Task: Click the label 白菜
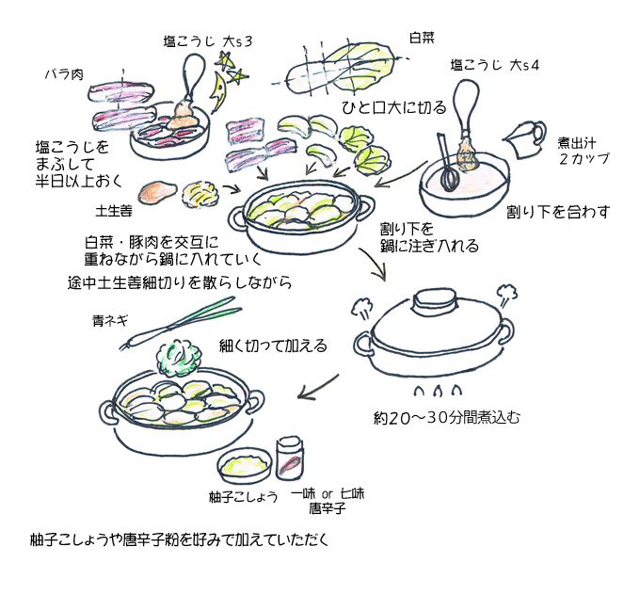pyautogui.click(x=422, y=39)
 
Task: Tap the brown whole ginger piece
pyautogui.click(x=156, y=193)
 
